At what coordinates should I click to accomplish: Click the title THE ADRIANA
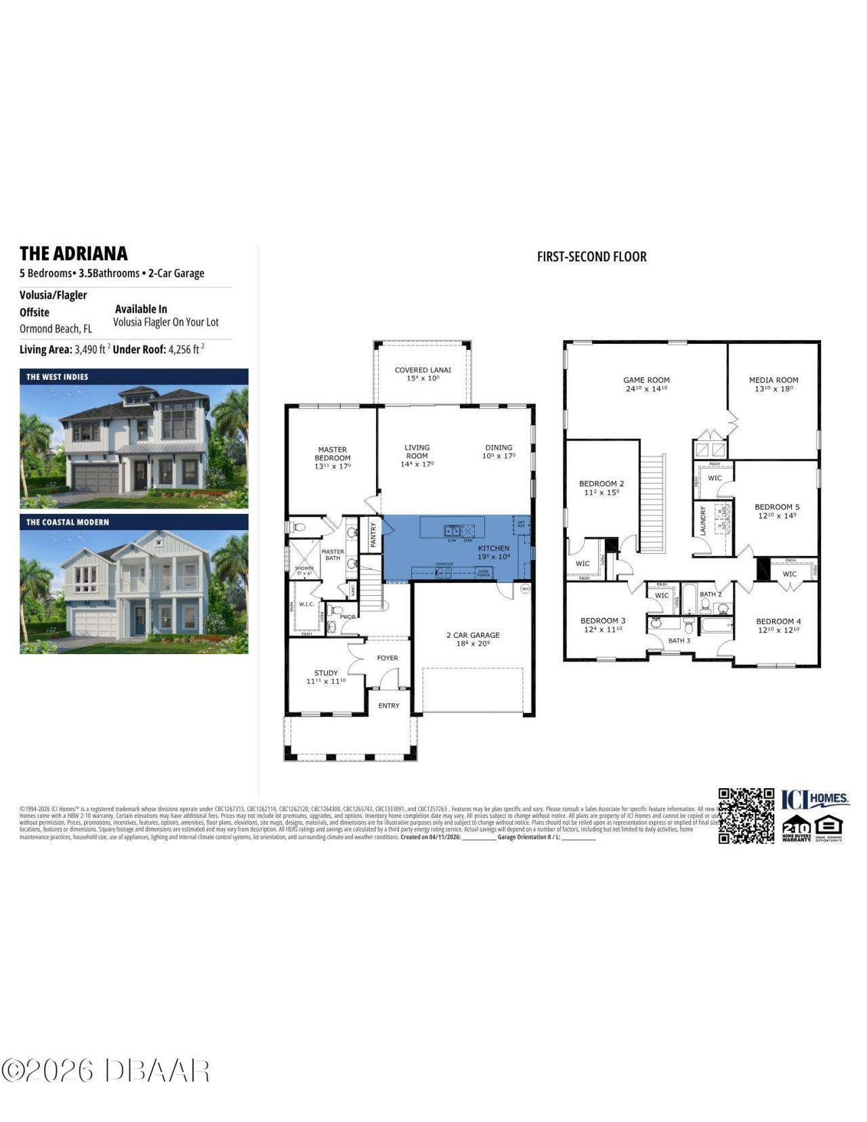(73, 253)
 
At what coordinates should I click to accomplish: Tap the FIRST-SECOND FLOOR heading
(591, 257)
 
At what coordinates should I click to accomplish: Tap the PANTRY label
(373, 535)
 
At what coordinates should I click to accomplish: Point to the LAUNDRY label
(703, 520)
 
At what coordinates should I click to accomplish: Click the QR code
(746, 815)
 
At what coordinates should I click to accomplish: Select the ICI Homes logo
(816, 799)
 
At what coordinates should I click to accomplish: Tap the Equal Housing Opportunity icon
(829, 827)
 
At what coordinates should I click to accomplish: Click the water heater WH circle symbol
(525, 588)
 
